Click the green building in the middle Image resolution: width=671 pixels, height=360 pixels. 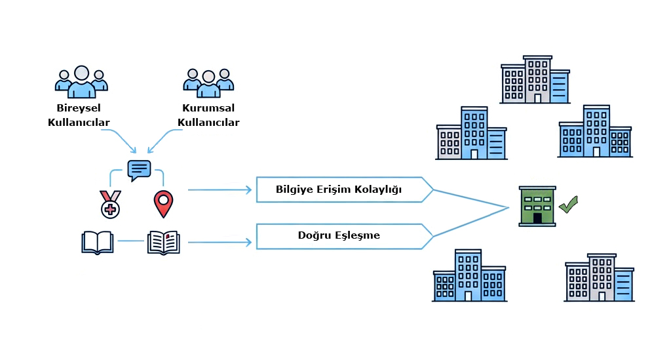(537, 206)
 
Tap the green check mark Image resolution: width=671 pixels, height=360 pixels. (568, 205)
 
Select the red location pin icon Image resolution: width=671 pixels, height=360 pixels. (163, 203)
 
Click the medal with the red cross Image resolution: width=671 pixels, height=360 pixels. (110, 204)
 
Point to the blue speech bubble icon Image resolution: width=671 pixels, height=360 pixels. (139, 170)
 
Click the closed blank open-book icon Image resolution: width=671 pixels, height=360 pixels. (98, 242)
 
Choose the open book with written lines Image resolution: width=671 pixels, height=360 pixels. (163, 242)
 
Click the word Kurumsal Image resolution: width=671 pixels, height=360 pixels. (208, 108)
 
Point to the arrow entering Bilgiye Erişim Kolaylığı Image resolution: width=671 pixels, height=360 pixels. (220, 190)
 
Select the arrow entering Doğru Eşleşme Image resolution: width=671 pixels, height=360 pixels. (220, 243)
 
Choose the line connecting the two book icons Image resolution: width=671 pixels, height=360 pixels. (130, 241)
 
